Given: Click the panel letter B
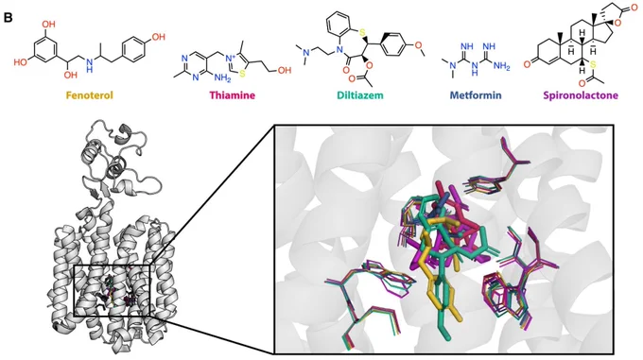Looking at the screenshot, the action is point(8,19).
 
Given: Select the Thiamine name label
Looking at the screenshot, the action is point(232,95).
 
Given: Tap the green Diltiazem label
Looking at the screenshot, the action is point(360,95).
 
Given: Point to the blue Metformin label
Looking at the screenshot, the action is point(476,95).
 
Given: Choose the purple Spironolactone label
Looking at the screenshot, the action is point(581,95).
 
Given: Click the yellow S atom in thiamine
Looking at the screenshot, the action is point(242,74).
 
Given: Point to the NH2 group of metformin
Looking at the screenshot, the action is point(501,67).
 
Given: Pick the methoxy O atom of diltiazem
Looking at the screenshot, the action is point(418,44).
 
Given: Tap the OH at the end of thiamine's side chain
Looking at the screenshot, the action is point(285,70).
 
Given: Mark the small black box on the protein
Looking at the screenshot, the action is point(113,291).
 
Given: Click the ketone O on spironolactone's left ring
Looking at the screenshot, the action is point(529,63).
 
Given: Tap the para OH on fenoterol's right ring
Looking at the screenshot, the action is point(158,37).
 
